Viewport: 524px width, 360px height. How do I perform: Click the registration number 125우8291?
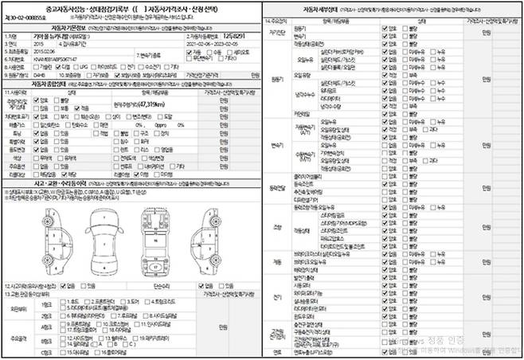click(234, 37)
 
